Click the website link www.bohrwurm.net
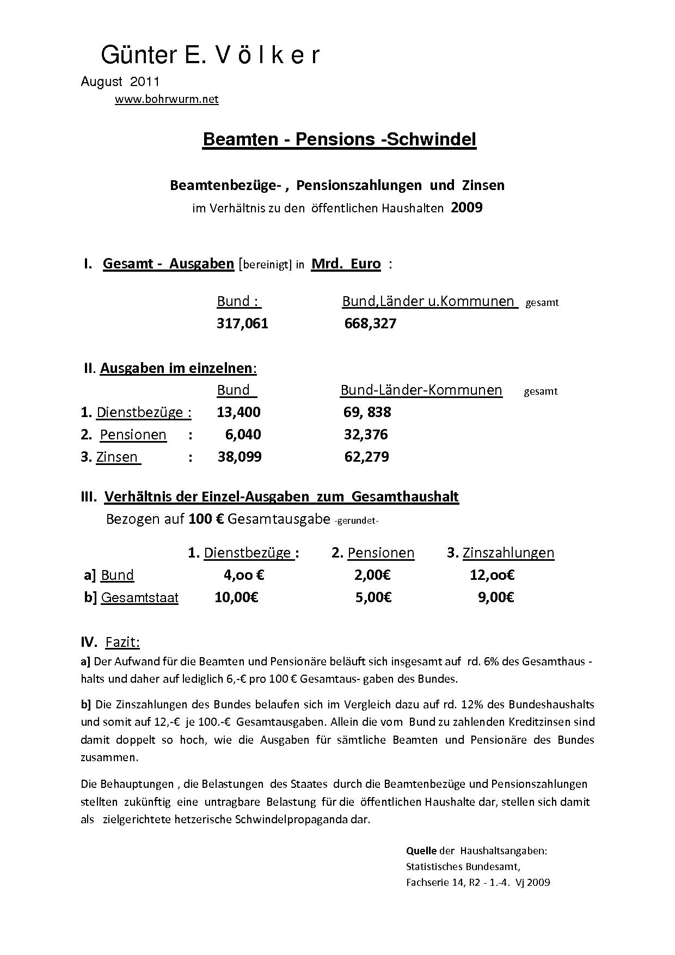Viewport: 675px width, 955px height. coord(167,99)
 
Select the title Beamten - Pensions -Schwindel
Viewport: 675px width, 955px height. coord(339,139)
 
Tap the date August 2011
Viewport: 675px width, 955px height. coord(120,82)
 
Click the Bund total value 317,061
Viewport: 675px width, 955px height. coord(242,323)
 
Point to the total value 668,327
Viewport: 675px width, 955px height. coord(370,323)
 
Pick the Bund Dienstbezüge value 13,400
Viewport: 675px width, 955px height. coord(238,412)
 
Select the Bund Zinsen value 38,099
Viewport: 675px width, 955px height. coord(240,457)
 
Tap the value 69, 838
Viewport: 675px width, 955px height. coord(367,412)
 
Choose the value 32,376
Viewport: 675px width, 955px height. coord(366,434)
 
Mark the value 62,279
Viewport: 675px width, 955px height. coord(366,457)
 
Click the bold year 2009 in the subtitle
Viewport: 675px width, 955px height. coord(467,207)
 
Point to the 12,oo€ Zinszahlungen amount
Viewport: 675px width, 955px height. coord(492,575)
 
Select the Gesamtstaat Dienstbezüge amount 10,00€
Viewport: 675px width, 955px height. coord(236,597)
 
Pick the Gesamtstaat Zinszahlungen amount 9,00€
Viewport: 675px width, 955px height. coord(496,597)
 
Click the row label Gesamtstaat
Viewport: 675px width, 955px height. coord(139,598)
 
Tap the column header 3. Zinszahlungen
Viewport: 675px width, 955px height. coord(500,553)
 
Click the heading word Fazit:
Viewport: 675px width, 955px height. coord(122,642)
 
